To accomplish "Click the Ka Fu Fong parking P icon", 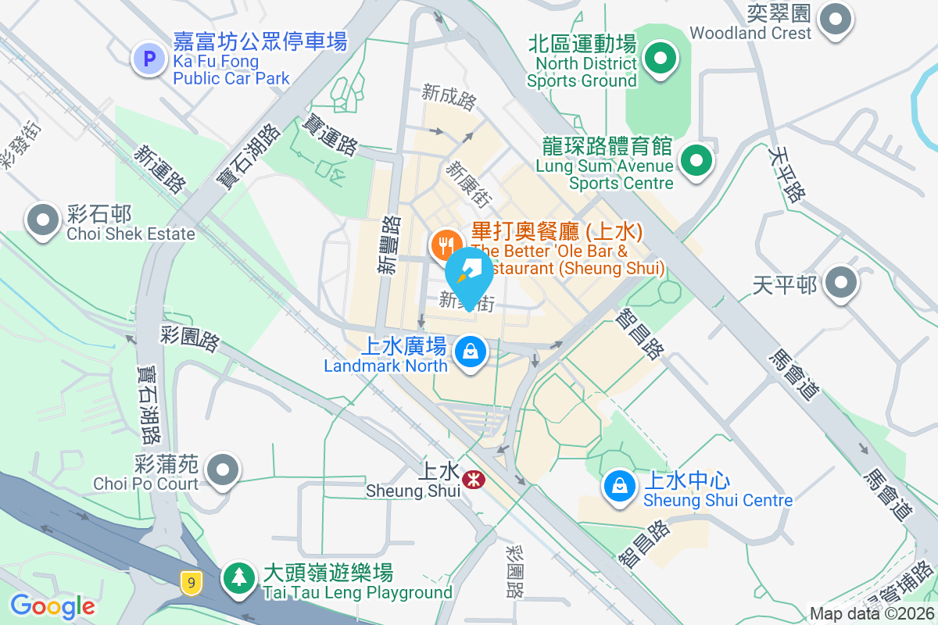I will tap(149, 58).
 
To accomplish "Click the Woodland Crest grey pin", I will tap(835, 17).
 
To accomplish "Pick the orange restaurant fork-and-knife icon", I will tap(446, 245).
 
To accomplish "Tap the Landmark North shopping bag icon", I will tap(471, 352).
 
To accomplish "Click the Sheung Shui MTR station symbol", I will tap(472, 479).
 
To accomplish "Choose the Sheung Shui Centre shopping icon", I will tap(619, 485).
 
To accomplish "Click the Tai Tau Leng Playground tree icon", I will tap(237, 578).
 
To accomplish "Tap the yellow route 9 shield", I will tap(189, 581).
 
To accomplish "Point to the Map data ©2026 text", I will tap(872, 614).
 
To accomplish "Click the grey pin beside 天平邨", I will tap(841, 283).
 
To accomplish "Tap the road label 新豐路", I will tap(389, 245).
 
